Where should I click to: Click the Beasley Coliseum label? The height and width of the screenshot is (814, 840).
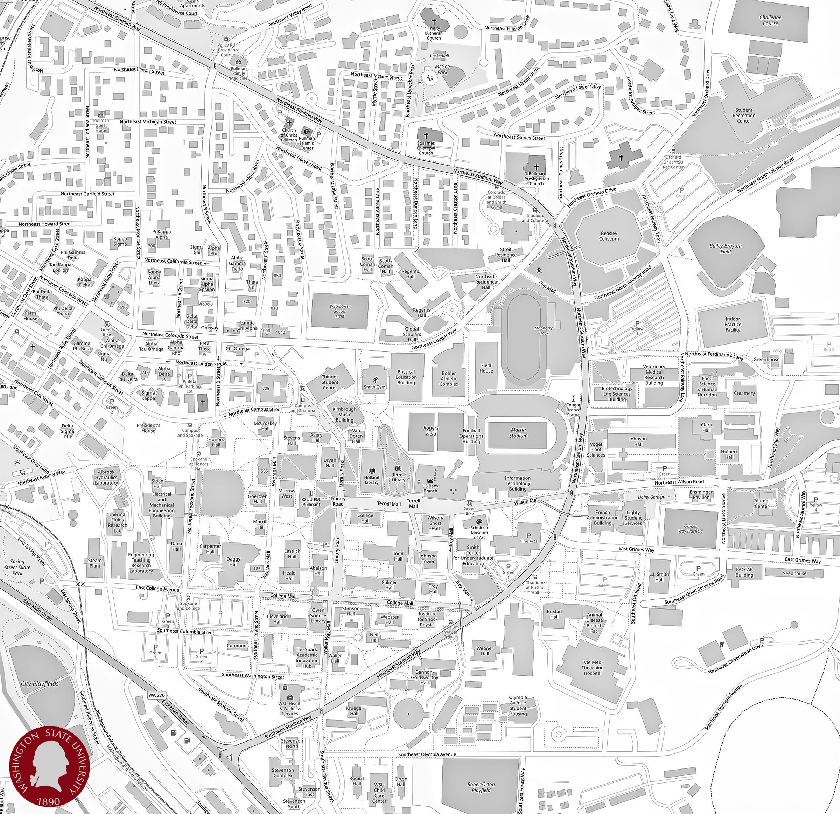(609, 236)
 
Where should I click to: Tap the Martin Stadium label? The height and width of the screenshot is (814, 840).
(518, 432)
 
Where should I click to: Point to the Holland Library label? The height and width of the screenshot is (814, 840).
(372, 480)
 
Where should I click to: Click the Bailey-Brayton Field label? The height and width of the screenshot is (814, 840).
(725, 249)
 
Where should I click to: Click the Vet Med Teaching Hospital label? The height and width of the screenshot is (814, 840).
(592, 667)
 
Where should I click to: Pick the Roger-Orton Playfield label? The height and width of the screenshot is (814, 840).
(481, 787)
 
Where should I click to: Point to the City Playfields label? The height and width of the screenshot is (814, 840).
(40, 683)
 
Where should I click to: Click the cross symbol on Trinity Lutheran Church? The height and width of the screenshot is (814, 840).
(434, 21)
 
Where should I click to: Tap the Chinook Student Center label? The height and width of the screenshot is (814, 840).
(330, 382)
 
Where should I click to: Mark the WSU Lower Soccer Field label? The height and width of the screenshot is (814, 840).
(340, 311)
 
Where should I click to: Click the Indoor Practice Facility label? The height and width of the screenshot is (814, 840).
(733, 325)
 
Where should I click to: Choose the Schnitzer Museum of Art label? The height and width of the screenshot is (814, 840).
(479, 533)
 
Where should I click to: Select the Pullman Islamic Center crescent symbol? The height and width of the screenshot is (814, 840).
(306, 130)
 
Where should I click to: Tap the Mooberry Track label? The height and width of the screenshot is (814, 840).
(544, 330)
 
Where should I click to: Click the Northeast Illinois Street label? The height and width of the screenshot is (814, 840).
(139, 70)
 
